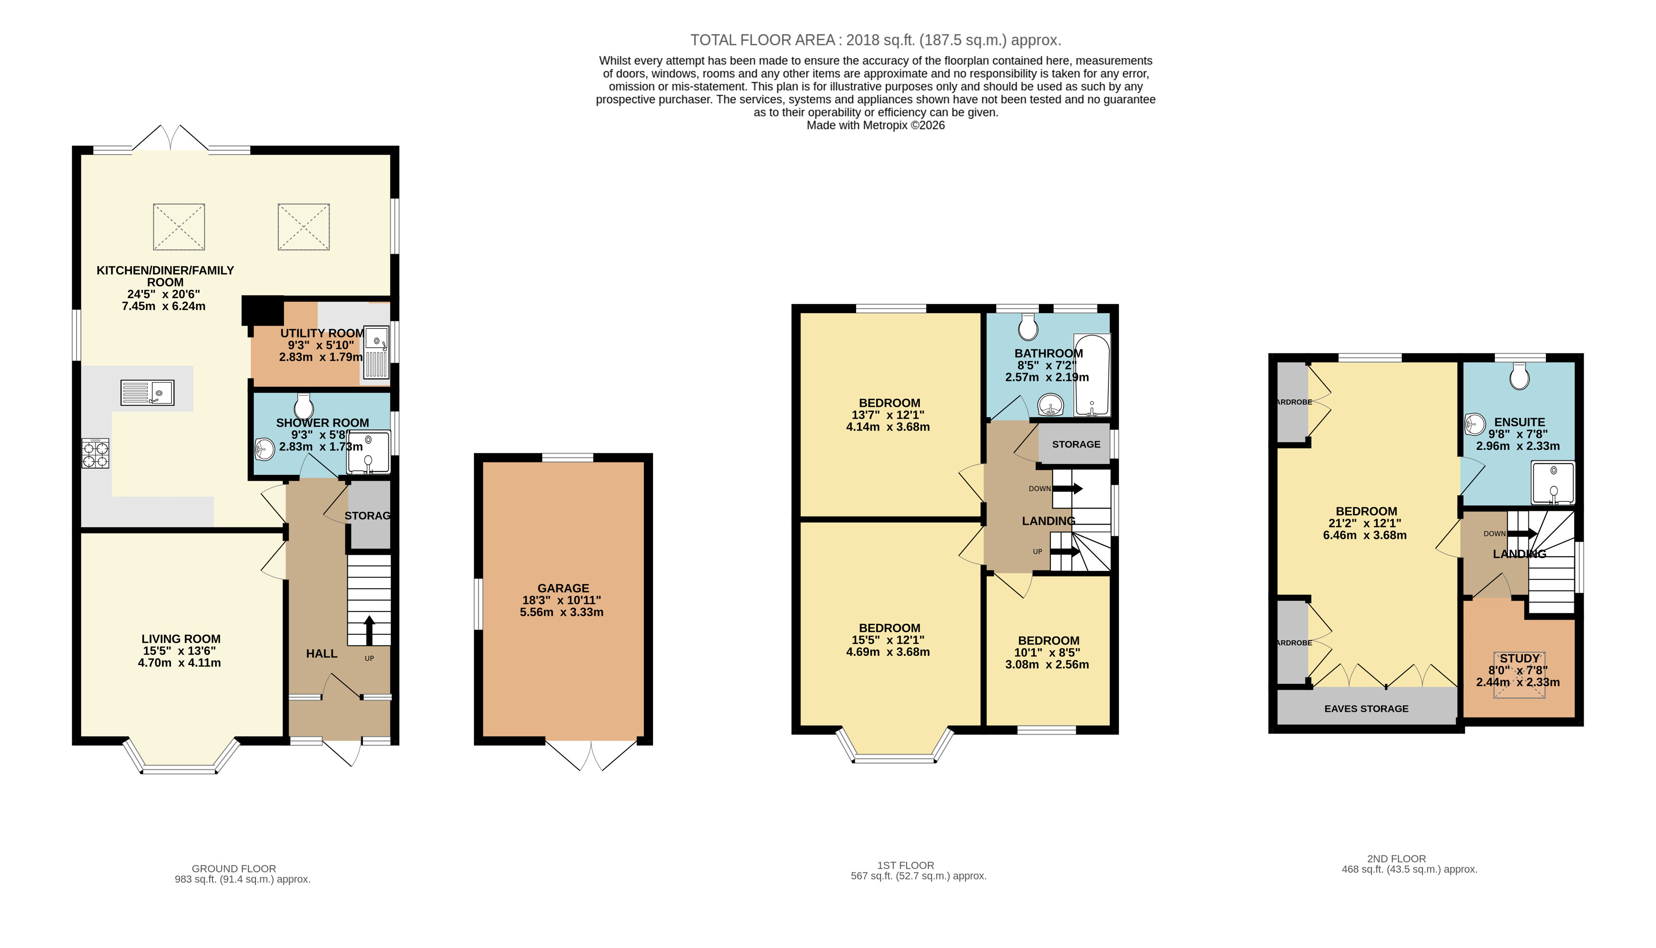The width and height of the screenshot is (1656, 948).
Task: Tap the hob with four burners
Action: pos(95,454)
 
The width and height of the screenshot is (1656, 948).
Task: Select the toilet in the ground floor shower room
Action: pos(304,406)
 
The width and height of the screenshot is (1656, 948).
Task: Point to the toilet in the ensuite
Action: pos(1519,376)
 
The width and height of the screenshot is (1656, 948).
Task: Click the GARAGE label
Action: pos(563,588)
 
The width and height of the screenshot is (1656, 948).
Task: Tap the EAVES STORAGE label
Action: pos(1366,708)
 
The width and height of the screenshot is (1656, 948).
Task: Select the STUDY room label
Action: pos(1519,658)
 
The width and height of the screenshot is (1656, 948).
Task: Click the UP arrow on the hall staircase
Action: pos(369,629)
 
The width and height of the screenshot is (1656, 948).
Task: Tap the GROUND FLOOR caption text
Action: pos(234,869)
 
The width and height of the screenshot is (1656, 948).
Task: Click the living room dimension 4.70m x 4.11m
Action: pos(179,663)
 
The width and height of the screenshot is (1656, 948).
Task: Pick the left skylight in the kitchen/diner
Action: pos(179,226)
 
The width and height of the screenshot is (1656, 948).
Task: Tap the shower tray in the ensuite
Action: pos(1553,483)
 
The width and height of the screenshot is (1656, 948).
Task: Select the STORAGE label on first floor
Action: pos(1076,444)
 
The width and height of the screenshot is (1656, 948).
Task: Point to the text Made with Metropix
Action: pos(875,126)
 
